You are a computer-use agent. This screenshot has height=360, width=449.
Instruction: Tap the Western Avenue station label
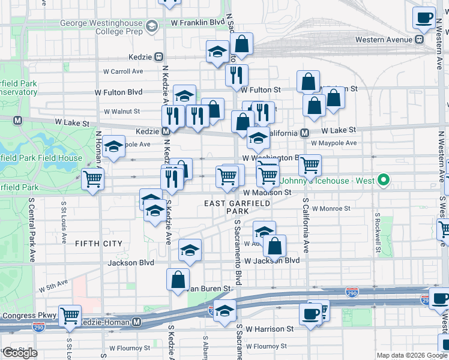click(x=385, y=40)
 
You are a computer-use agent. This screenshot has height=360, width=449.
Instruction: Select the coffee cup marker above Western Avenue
click(x=424, y=18)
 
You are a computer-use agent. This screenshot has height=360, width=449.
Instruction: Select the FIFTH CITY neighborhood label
click(x=98, y=244)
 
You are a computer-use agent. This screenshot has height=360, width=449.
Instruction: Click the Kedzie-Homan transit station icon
click(x=137, y=322)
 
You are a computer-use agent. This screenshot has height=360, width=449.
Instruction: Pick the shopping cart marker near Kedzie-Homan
click(x=70, y=316)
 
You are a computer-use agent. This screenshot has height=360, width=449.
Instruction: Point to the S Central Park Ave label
click(x=31, y=234)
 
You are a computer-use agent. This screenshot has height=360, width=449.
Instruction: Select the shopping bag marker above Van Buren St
click(x=178, y=280)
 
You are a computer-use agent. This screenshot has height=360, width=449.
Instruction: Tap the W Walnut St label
click(x=122, y=111)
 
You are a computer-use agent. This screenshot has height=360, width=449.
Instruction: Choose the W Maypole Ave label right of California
click(x=334, y=143)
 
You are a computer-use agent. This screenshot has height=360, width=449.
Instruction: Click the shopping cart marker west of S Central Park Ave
click(x=92, y=179)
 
